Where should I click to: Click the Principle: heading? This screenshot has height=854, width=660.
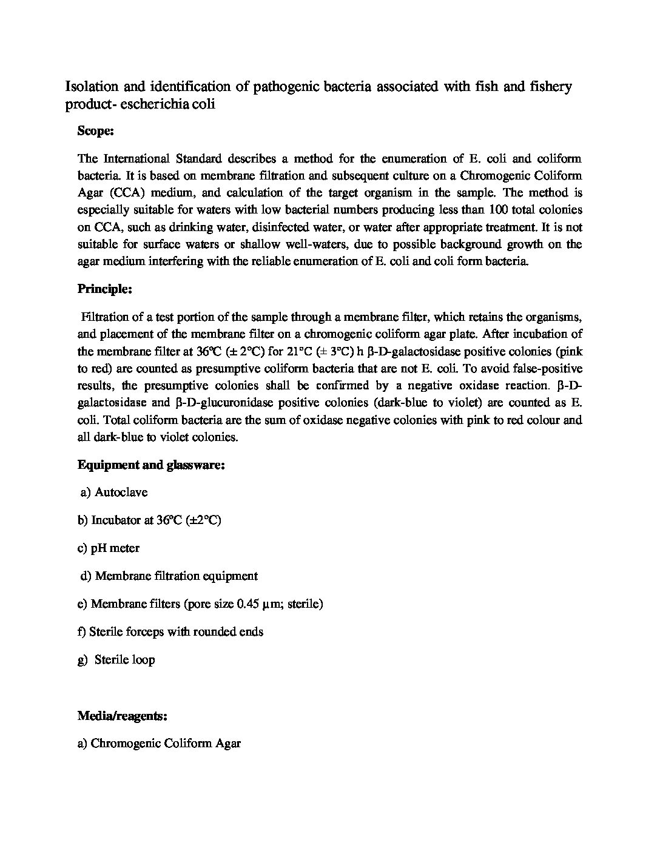click(105, 289)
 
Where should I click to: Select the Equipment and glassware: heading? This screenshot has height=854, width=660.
click(152, 465)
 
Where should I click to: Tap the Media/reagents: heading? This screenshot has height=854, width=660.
click(123, 716)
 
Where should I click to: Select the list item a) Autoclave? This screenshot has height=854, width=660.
click(114, 493)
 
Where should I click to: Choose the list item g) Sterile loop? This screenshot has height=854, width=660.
click(116, 660)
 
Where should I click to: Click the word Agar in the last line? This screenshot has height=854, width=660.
click(228, 744)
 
